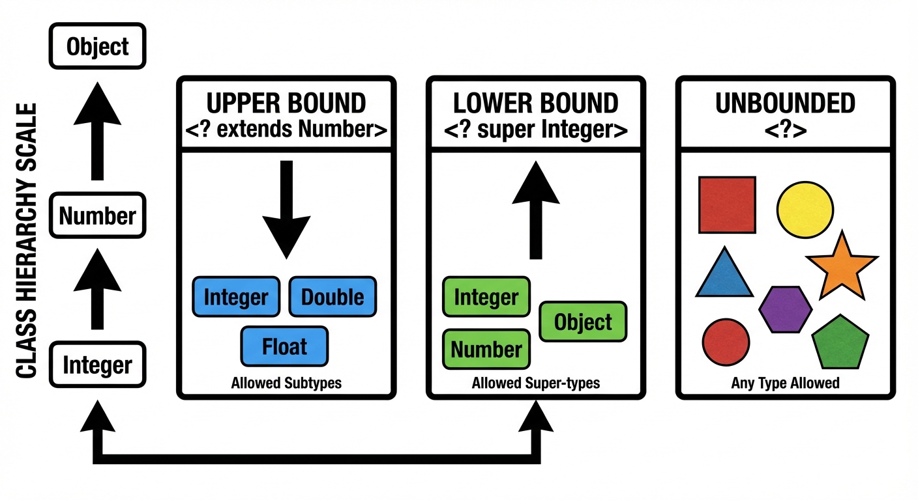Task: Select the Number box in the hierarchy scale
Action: point(98,215)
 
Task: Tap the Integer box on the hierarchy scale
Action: point(98,365)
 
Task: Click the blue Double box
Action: point(333,298)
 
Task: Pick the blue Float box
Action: point(284,346)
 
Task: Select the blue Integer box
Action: point(236,298)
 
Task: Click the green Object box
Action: point(583,322)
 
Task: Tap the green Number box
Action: point(486,350)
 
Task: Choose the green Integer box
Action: point(486,298)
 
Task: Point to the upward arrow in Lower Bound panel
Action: point(536,208)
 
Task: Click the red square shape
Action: point(727,204)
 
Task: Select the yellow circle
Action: point(805,210)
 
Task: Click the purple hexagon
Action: point(786,309)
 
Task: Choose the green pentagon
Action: point(841,342)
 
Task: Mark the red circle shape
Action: point(726,342)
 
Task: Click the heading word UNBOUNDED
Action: point(785,104)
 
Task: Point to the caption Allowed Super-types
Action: point(536,383)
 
